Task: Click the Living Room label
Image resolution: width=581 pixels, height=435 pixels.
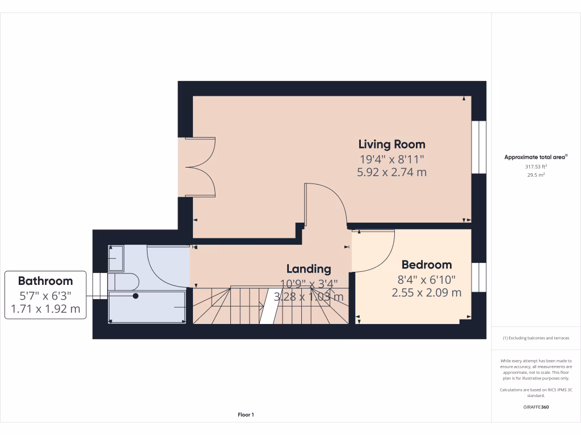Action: point(391,144)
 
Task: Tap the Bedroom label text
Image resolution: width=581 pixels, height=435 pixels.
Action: point(427,265)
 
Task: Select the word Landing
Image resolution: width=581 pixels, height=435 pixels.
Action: point(308,268)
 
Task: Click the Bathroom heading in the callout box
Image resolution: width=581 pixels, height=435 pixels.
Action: point(45,281)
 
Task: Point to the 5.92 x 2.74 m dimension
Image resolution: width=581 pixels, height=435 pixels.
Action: point(391,172)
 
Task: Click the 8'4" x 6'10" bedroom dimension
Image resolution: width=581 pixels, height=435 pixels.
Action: point(427,279)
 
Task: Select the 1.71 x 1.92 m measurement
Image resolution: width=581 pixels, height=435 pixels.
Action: point(45,309)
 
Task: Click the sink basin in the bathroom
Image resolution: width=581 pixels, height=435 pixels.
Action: point(116,258)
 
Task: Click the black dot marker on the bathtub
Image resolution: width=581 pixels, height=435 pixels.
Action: point(136,296)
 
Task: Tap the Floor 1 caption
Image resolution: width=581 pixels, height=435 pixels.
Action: point(246,415)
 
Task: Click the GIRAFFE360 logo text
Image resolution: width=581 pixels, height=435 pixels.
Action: point(536,407)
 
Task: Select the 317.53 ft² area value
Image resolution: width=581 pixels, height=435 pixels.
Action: point(536,167)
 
